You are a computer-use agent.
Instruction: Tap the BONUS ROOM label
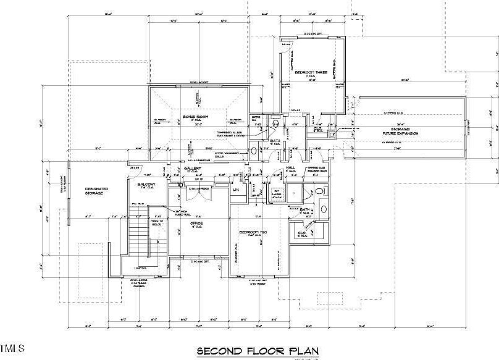(195, 117)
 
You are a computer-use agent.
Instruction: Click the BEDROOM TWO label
(252, 233)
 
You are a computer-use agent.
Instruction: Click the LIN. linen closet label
(236, 189)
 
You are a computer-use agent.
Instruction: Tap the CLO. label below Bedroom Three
(319, 130)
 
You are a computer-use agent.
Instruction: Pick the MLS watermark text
(12, 346)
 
